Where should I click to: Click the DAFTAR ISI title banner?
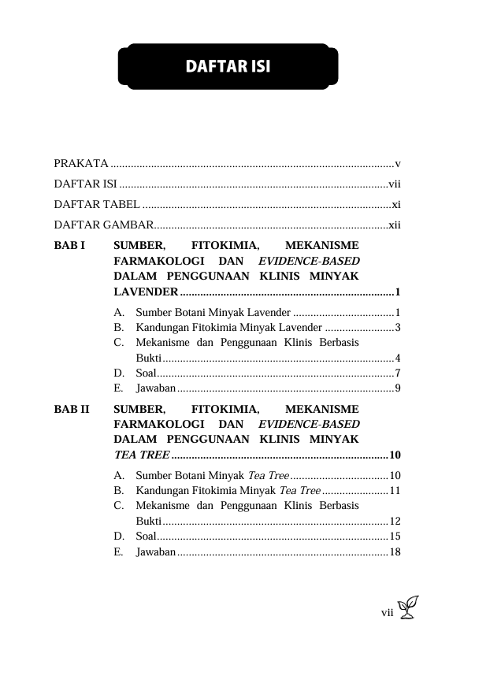pos(228,66)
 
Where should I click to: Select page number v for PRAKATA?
pos(399,164)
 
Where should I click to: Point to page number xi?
pos(396,205)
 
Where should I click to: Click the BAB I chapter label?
pos(69,245)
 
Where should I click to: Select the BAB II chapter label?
pos(72,410)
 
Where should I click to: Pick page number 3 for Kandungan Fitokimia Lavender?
pos(399,327)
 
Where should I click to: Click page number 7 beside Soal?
pos(399,373)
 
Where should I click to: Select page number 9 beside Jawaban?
pos(399,388)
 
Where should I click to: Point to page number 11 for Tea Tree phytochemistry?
pos(395,491)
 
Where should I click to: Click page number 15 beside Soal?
pos(395,537)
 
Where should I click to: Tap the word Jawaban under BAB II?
pos(155,551)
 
